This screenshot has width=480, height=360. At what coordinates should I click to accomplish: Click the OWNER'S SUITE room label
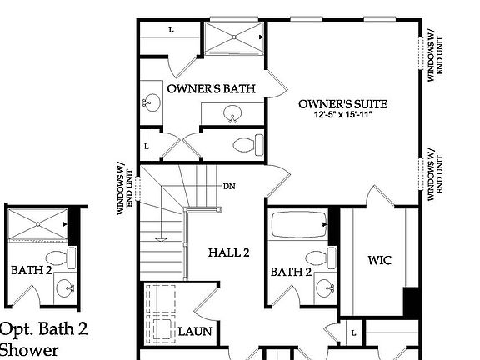point(343,104)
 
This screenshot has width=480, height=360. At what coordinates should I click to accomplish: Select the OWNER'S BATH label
point(211,88)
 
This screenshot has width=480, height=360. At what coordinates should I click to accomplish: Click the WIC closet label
point(379,260)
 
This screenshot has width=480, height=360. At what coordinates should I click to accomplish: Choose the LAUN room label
point(195,332)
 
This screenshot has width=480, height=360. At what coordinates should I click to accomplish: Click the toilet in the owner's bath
point(244,145)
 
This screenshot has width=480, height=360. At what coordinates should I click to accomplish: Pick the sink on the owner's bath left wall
point(151,102)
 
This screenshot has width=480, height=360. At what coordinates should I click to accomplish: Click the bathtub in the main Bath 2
point(300,227)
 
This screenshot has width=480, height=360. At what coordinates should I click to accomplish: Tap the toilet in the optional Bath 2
point(56,257)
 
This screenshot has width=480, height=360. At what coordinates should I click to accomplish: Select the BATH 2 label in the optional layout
point(32,270)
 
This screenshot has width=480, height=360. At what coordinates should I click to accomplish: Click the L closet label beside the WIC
point(353,333)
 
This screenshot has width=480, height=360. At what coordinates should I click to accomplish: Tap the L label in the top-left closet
point(171,30)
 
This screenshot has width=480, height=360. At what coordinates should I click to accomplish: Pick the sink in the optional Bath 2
point(66,288)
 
